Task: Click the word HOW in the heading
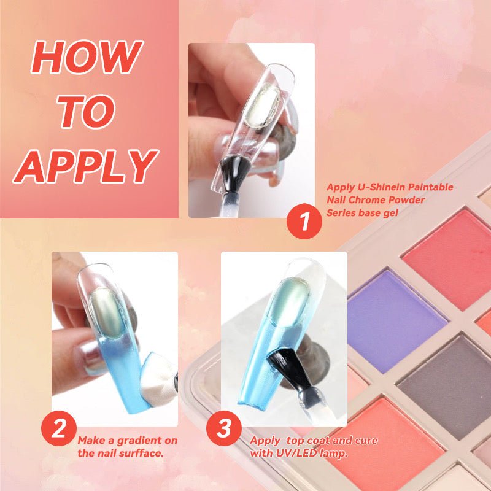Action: (x=87, y=57)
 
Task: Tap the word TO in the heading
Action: (x=87, y=111)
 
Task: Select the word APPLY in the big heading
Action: (x=85, y=166)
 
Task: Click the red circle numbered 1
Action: (x=304, y=222)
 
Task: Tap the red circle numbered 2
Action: (x=59, y=428)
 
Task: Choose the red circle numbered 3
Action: (x=224, y=428)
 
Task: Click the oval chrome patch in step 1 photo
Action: (x=263, y=106)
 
